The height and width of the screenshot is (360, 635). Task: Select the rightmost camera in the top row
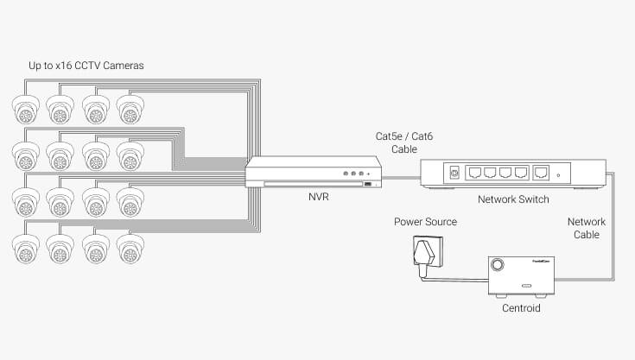[130, 110]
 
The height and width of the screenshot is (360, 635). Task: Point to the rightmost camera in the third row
[130, 201]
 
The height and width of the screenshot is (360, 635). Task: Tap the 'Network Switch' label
[513, 199]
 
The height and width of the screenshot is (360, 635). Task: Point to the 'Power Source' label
[426, 222]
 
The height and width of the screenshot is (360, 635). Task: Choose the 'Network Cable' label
[587, 228]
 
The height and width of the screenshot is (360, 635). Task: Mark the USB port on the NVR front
[367, 184]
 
